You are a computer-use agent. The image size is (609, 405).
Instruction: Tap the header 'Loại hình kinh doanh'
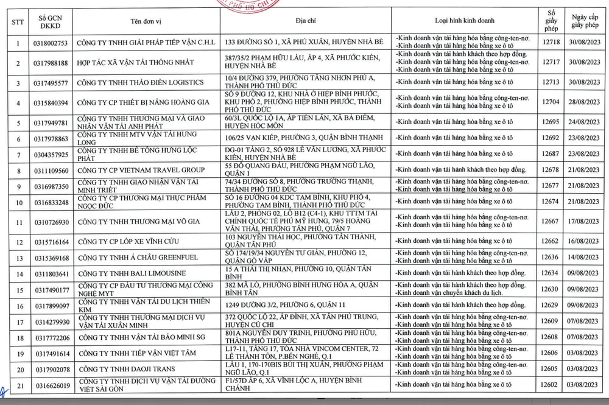[x=463, y=20]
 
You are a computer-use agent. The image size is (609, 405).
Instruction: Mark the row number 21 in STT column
[x=18, y=384]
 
